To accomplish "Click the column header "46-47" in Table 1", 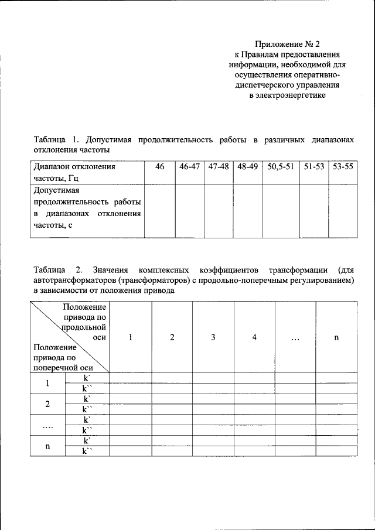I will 190,167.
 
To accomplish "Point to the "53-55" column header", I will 342,167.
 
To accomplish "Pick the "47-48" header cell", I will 219,167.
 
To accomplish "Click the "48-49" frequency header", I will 247,167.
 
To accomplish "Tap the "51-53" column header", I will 314,167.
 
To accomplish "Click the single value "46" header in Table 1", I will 160,167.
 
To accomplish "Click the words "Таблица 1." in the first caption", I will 56,141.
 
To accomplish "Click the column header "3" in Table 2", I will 213,337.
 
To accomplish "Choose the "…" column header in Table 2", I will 295,337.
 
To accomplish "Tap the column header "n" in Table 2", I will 336,337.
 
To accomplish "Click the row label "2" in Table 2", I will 48,404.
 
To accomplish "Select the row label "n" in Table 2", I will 48,446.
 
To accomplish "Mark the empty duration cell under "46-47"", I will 190,211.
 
